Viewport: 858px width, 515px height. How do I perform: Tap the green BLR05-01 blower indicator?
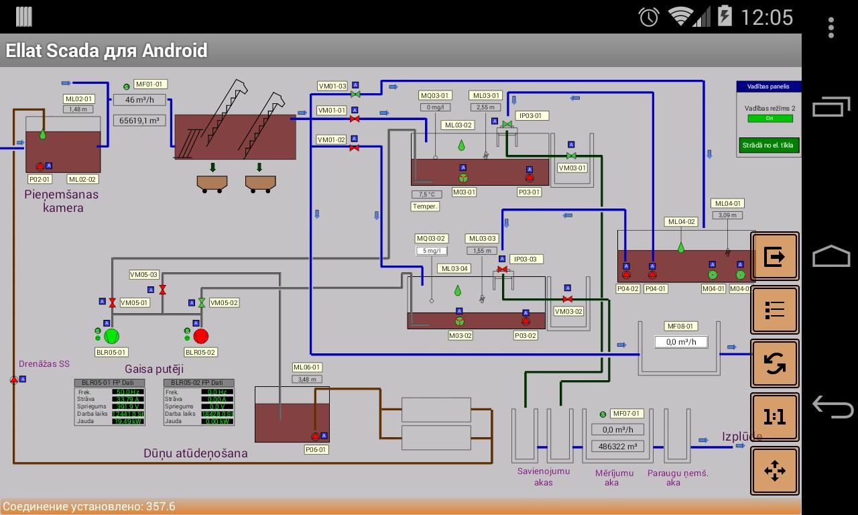point(111,336)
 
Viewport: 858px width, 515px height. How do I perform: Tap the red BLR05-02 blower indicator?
point(200,336)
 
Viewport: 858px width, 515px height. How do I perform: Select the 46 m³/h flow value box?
point(139,100)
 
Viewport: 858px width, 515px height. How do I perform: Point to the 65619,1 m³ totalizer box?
point(139,121)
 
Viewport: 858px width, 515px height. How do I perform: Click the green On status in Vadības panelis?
point(769,119)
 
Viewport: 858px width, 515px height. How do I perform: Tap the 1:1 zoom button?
point(774,417)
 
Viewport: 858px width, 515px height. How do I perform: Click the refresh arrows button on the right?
point(774,363)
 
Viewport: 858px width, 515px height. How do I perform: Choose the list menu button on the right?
point(774,310)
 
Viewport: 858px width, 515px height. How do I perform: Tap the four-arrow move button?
point(774,471)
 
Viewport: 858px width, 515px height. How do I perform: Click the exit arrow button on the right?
point(774,256)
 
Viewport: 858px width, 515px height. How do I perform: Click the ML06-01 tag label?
point(307,367)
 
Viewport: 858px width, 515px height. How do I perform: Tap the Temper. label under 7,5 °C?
point(425,207)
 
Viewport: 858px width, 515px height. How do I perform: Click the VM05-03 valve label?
point(143,275)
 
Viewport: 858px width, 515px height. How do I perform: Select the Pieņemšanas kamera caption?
point(62,201)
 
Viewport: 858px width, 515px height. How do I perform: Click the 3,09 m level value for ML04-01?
point(727,215)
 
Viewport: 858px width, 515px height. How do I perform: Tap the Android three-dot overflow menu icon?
point(831,27)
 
